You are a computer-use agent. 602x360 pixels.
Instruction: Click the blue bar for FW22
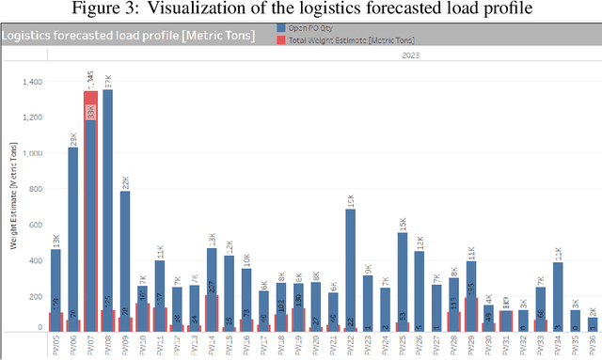350,263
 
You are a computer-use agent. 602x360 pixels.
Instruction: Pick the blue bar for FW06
72,235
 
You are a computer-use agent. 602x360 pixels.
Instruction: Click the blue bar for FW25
402,273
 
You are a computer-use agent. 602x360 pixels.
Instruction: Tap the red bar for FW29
471,314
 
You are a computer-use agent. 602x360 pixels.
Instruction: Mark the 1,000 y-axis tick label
30,154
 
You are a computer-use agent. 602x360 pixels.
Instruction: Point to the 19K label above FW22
350,199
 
